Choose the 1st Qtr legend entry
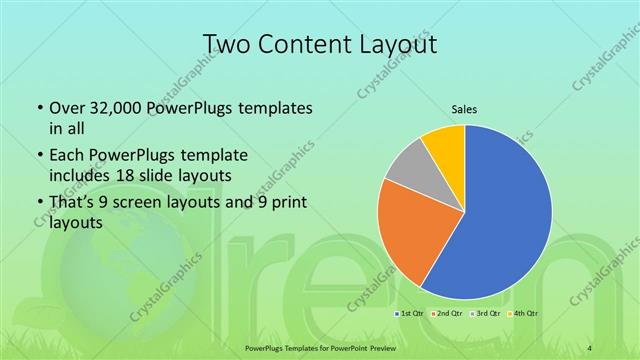coord(410,313)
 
